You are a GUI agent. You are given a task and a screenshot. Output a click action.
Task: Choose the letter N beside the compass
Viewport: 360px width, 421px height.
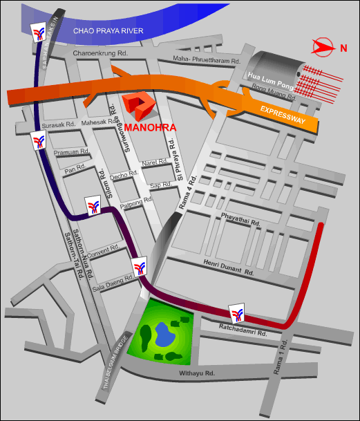[x=343, y=48]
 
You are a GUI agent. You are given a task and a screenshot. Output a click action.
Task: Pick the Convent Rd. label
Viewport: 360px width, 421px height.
[x=103, y=252]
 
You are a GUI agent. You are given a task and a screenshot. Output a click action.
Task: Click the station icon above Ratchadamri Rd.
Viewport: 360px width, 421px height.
[x=236, y=313]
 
